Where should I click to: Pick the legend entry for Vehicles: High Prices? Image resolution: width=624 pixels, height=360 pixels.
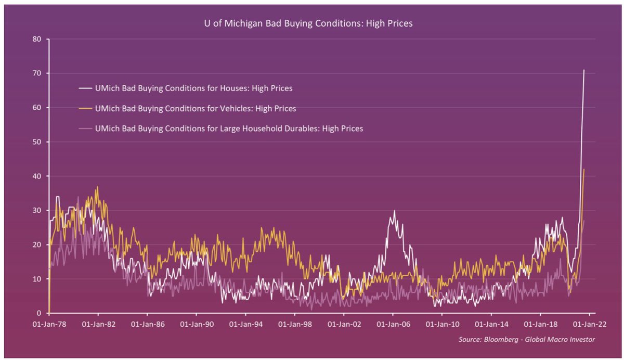(x=195, y=109)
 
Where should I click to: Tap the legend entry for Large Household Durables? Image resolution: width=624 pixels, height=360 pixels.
(x=229, y=128)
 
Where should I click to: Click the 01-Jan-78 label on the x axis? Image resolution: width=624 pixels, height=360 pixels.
(x=49, y=324)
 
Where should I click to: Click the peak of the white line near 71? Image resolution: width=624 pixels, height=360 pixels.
(x=584, y=70)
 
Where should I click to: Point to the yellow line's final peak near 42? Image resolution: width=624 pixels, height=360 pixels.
(x=584, y=170)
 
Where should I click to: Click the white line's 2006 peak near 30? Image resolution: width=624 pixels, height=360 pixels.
(x=395, y=211)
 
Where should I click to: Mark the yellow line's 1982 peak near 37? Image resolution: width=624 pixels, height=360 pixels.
(x=97, y=187)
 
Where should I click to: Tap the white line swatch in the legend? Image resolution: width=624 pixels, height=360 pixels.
(x=82, y=88)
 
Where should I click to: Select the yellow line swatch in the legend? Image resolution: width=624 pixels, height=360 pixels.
(x=82, y=109)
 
